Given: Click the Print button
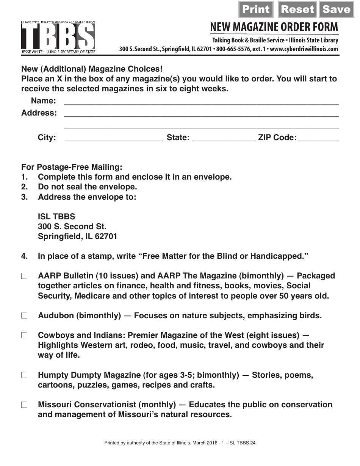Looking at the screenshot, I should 256,9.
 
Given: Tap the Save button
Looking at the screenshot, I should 337,9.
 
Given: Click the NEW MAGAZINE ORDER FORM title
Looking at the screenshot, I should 274,27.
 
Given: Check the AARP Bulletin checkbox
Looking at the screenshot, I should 24,276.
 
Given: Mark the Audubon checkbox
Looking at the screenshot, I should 24,316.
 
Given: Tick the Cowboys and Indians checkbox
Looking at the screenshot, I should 24,335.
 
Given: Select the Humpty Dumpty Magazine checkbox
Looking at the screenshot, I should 24,375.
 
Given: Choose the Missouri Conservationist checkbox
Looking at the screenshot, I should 24,405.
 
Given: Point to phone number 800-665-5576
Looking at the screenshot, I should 232,49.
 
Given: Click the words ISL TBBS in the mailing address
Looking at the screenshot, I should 56,217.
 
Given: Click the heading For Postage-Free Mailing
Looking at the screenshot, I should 72,167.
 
